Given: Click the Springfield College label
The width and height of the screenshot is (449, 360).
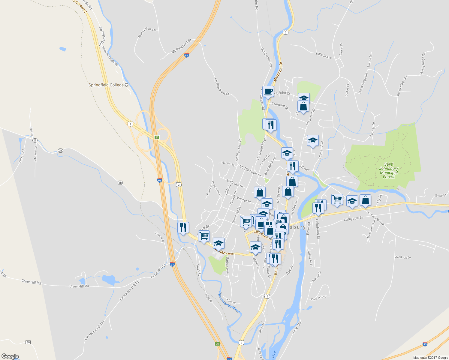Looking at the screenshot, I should [106, 85].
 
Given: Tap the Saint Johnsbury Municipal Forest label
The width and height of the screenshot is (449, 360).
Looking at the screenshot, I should [389, 170].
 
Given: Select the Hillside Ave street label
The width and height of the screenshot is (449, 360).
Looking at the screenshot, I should [324, 55].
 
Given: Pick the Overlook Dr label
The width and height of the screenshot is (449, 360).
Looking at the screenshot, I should [403, 257].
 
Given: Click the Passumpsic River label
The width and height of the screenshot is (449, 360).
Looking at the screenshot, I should [229, 302].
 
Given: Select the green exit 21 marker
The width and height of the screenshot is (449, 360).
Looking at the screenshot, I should [157, 137].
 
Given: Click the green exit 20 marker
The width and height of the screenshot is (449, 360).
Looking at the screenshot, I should [217, 344].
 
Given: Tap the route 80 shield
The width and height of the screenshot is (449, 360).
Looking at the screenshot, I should [28, 342].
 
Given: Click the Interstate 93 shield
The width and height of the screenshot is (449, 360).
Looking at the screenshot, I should [425, 344].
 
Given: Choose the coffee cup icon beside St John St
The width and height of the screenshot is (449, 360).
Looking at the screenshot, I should [268, 91].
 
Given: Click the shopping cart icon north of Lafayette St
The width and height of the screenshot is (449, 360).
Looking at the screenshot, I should [337, 199].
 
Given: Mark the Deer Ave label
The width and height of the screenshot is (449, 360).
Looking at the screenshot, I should [160, 237].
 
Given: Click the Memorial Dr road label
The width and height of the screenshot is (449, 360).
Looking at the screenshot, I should [279, 72].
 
